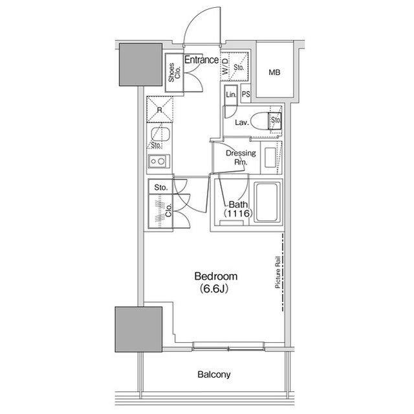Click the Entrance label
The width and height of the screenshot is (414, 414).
click(x=201, y=60)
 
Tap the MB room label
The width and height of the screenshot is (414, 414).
click(x=274, y=72)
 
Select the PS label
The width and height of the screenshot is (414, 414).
click(x=246, y=94)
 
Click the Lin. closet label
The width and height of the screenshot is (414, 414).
click(x=231, y=95)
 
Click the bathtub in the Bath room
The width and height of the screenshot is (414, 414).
click(x=267, y=202)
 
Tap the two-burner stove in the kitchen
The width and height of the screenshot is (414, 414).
click(x=158, y=161)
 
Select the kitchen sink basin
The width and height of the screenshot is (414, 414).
click(x=159, y=135)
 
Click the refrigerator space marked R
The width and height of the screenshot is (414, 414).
click(x=160, y=109)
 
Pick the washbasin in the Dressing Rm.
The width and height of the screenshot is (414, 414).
click(x=270, y=157)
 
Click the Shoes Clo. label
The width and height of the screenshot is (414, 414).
click(x=174, y=72)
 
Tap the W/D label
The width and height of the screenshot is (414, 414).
click(x=224, y=66)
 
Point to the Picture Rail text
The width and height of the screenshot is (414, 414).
click(x=278, y=272)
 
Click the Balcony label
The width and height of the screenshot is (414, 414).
click(x=214, y=374)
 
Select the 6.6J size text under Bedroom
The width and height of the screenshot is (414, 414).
click(x=214, y=289)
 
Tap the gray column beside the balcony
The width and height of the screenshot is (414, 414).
click(x=138, y=329)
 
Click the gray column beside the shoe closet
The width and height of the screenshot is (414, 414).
click(x=140, y=65)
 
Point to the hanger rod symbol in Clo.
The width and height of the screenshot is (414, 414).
click(x=160, y=211)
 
